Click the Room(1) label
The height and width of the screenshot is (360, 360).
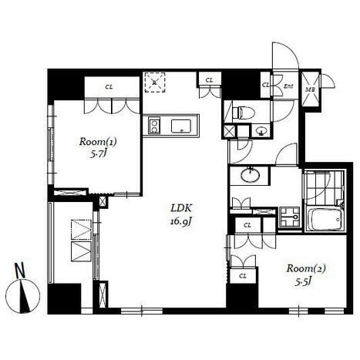coord(98,142)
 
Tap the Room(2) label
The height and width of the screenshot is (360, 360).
coord(306,269)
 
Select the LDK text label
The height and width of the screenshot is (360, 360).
coord(181,208)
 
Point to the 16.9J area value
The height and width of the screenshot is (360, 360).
coord(181,222)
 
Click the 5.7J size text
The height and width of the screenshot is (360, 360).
coord(98,155)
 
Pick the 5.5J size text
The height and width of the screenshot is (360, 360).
coord(303,282)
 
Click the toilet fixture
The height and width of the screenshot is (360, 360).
coord(243,113)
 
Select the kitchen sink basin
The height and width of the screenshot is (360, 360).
coord(181,126)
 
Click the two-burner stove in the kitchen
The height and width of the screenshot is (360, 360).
coord(154,125)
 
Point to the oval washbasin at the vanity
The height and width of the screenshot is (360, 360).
coord(250,175)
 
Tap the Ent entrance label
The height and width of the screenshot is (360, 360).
coord(288,86)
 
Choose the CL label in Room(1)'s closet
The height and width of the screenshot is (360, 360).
coord(109,87)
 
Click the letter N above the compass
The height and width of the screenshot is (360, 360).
coord(20,270)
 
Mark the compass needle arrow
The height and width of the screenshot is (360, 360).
coord(24,295)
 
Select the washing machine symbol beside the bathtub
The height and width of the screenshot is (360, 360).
coord(290,217)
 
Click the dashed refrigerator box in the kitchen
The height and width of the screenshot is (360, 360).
coord(155,82)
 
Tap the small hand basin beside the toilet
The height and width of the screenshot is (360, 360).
coord(261,132)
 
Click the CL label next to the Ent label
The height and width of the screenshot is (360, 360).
coord(265,84)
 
